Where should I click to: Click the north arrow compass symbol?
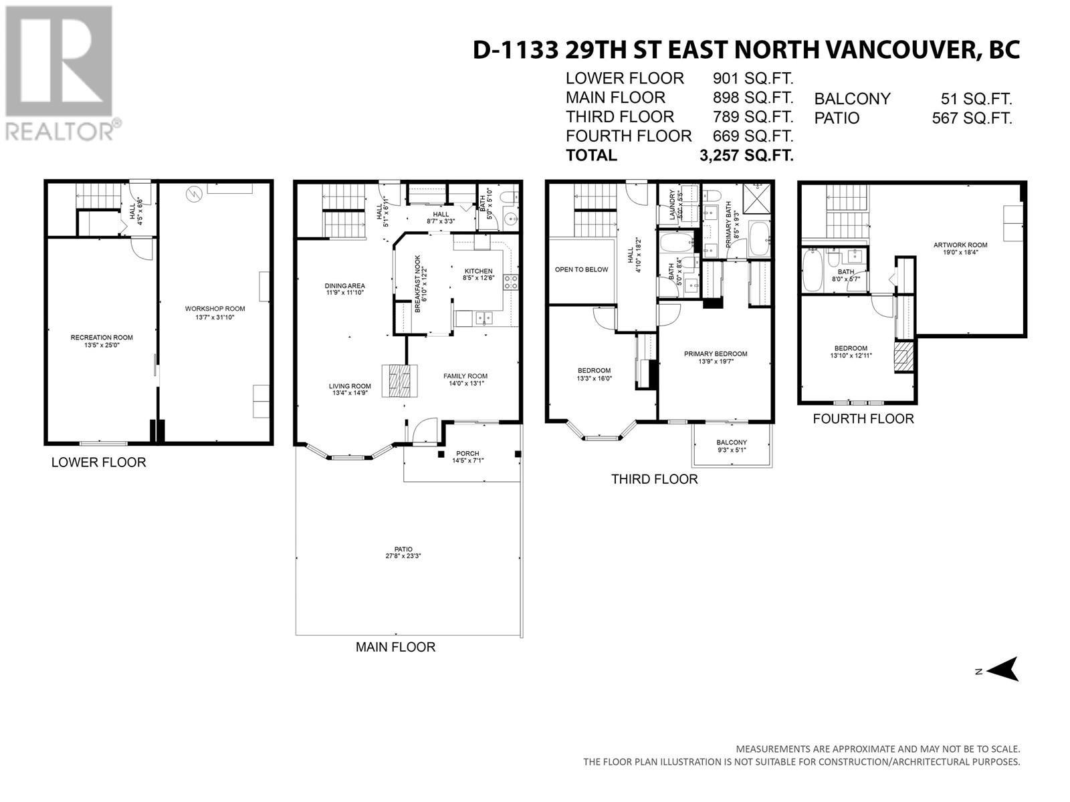pos(1002,668)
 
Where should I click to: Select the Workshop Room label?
pos(215,309)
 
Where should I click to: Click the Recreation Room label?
pos(102,338)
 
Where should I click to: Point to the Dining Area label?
pos(345,286)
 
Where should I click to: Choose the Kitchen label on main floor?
pos(478,271)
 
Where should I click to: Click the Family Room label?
pos(465,376)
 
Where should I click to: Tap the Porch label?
pos(467,453)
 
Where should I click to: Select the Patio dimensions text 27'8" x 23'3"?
pos(403,556)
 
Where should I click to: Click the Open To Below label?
pos(582,269)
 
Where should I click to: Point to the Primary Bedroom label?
pos(716,354)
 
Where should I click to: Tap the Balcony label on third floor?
pos(732,442)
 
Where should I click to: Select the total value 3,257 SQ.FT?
pos(746,155)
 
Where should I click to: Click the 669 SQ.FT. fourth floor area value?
pos(753,136)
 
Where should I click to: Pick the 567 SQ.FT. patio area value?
pos(972,118)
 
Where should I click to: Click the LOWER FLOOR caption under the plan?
pos(98,462)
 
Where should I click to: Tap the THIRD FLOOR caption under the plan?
pos(654,479)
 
